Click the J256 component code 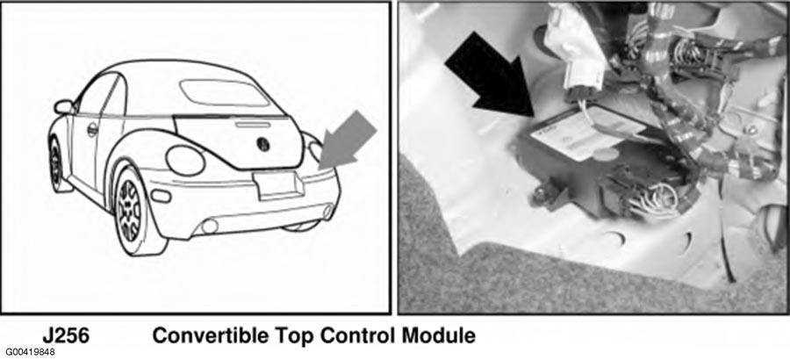66,335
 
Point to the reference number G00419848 30,351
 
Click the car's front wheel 56,162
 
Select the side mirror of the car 63,107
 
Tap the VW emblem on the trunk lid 262,144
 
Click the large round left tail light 185,161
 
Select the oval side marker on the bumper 161,196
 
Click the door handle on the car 92,130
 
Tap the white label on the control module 587,132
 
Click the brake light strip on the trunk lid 253,124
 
